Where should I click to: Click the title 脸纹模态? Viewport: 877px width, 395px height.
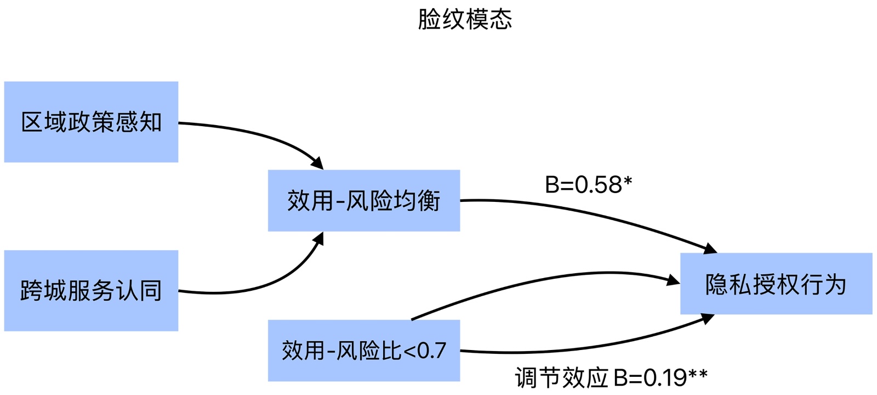(465, 19)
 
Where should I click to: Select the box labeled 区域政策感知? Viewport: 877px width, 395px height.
(91, 122)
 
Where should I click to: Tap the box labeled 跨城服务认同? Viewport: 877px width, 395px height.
(91, 291)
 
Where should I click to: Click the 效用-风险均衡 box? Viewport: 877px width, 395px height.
(363, 201)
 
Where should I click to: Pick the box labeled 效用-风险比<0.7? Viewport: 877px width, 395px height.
(363, 351)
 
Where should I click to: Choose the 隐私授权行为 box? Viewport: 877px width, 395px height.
(776, 284)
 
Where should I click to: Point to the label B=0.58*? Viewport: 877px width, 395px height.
(588, 185)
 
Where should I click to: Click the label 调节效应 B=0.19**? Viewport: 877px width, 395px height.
(611, 377)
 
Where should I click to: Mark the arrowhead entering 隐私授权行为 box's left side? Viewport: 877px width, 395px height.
(674, 281)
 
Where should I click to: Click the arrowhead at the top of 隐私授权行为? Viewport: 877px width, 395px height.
(710, 249)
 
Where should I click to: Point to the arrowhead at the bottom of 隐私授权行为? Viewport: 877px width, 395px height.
(708, 318)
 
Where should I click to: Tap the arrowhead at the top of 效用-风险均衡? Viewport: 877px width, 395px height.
(317, 163)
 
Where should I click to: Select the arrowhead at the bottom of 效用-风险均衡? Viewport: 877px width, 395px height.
(318, 238)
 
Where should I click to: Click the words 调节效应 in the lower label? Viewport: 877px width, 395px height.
(561, 377)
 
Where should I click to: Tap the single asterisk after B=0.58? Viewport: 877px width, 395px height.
(628, 181)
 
